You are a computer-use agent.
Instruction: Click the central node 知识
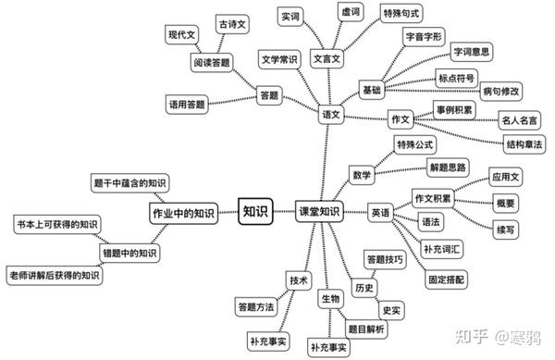[x=255, y=212]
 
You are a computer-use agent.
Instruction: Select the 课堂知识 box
[x=319, y=212]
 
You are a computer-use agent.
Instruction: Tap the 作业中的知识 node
[x=183, y=213]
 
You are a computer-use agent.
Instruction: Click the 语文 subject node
[x=331, y=115]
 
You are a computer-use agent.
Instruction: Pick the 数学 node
[x=362, y=175]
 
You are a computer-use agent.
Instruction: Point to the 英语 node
[x=380, y=212]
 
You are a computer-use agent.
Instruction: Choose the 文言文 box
[x=327, y=58]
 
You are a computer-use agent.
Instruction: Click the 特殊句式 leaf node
[x=401, y=14]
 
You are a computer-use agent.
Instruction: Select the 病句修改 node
[x=500, y=92]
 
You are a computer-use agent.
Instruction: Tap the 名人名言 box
[x=519, y=120]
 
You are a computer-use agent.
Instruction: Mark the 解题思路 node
[x=448, y=168]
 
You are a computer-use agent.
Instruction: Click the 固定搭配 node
[x=446, y=279]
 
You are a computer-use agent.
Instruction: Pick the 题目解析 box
[x=366, y=329]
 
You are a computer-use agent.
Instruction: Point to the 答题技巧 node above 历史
[x=385, y=259]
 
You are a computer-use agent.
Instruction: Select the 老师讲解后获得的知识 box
[x=55, y=275]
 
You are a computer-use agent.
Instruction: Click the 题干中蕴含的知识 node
[x=129, y=182]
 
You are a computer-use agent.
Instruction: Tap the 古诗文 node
[x=232, y=24]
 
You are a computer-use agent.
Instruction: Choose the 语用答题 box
[x=187, y=104]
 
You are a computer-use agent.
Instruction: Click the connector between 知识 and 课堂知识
[x=284, y=212]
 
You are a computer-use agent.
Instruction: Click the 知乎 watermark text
[x=472, y=336]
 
